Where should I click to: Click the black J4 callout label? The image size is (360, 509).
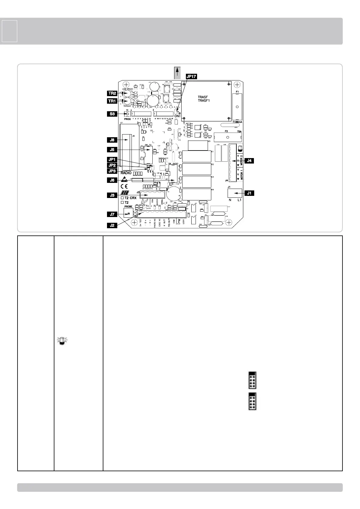(249, 161)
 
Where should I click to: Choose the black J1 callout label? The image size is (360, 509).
(249, 193)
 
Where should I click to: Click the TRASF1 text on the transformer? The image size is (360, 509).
(203, 100)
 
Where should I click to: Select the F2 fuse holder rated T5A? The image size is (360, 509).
(227, 137)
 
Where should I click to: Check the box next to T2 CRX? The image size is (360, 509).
(122, 198)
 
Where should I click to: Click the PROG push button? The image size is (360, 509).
(128, 114)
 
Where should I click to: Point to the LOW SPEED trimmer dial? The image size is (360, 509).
(128, 93)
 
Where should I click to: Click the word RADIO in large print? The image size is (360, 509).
(126, 173)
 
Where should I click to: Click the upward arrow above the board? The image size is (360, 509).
(178, 73)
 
